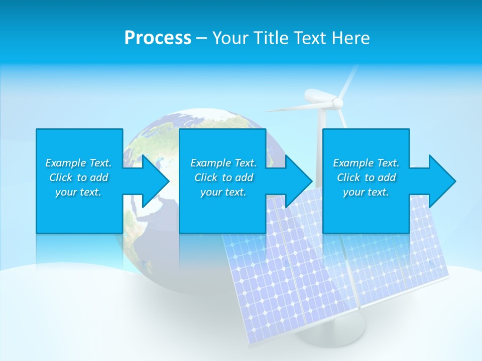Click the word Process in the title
pos(158,38)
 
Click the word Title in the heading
pos(271,38)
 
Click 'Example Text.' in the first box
pos(78,163)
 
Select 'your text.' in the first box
pos(78,192)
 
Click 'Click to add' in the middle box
pos(223,177)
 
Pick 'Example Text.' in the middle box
pos(223,163)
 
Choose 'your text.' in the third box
pos(366,192)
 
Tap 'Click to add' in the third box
pos(366,177)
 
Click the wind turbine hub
pos(337,103)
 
